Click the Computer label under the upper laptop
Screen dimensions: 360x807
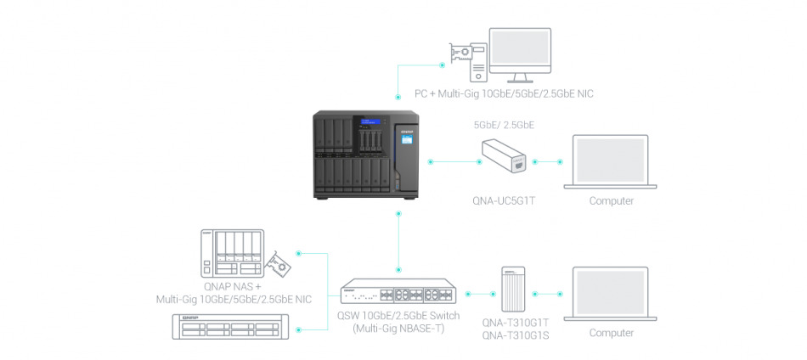[612, 201]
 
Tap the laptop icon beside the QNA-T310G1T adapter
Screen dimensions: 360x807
[612, 294]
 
